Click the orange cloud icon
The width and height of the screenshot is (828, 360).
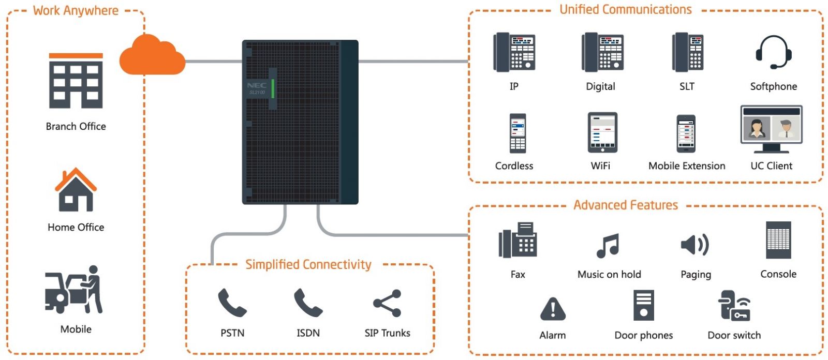[x=152, y=55]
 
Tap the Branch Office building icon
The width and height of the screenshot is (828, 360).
[x=76, y=81]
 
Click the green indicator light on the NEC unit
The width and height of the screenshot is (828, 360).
[x=273, y=88]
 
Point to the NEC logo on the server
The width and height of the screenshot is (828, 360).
[x=257, y=85]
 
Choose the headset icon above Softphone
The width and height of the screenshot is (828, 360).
[x=774, y=52]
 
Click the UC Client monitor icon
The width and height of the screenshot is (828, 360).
[x=772, y=129]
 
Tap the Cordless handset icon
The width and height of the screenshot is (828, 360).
[x=517, y=133]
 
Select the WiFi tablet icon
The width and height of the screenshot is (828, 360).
[x=602, y=132]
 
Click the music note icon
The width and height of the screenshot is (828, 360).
[x=608, y=245]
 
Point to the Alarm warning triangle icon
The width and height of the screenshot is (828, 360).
[x=553, y=309]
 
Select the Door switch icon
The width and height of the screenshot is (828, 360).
[x=734, y=306]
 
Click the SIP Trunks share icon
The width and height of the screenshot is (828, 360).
[x=387, y=303]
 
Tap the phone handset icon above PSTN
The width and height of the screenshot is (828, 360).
[x=232, y=303]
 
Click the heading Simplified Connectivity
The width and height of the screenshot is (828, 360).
[x=308, y=265]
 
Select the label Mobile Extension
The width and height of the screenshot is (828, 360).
[x=687, y=166]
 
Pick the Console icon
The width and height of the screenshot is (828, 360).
[x=778, y=240]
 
